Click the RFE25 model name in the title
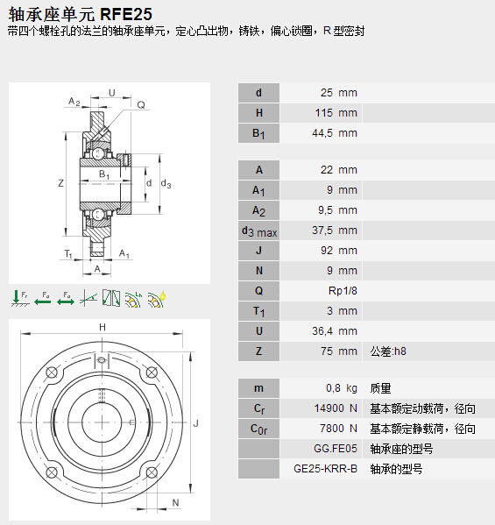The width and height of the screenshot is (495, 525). tap(126, 14)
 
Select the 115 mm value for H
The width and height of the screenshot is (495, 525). tap(336, 113)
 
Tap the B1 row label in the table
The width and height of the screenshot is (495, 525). tap(258, 133)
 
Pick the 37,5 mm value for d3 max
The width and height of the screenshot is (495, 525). tap(335, 231)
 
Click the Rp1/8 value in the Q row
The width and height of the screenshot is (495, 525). tap(343, 291)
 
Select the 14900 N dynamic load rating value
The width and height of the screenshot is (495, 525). tap(336, 408)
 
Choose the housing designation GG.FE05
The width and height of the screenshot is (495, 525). tap(336, 449)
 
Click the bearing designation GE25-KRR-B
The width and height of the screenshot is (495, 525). tap(325, 469)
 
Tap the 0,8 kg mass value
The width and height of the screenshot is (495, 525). tap(342, 388)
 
